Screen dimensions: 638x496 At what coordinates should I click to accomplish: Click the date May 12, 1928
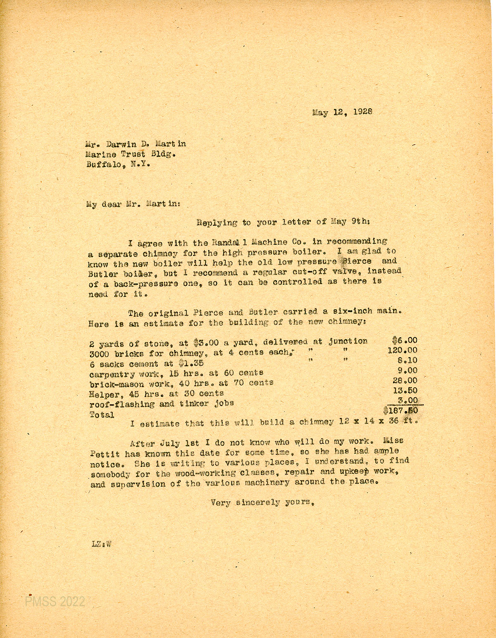[x=343, y=112]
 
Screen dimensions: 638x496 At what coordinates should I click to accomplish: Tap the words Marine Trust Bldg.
[x=131, y=154]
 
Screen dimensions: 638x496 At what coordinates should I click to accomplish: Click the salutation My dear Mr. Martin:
[x=133, y=204]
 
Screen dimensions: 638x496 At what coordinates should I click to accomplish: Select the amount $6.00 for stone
[x=405, y=341]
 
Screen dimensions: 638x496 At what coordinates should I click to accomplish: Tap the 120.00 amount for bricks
[x=402, y=351]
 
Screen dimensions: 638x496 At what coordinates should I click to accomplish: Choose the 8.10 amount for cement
[x=407, y=361]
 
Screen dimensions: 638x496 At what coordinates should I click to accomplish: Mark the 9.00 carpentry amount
[x=408, y=370]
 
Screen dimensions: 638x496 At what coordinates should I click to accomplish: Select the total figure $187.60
[x=401, y=411]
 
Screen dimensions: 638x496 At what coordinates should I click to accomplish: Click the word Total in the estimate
[x=102, y=414]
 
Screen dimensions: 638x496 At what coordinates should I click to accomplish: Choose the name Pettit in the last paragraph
[x=105, y=453]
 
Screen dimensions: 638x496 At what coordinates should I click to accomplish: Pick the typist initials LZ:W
[x=102, y=544]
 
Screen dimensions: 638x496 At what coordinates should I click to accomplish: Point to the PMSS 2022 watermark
[x=55, y=601]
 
